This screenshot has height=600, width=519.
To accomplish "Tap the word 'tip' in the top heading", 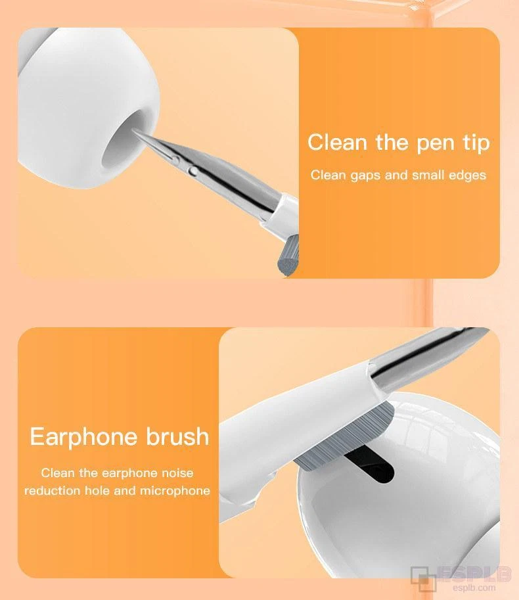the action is [x=476, y=143].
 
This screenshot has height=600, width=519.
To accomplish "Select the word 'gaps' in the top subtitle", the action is [x=365, y=176].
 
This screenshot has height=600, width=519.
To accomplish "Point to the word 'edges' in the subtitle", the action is [x=467, y=175].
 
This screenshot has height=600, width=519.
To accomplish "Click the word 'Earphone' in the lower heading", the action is [x=83, y=436].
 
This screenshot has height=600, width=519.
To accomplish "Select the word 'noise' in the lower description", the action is [x=177, y=473].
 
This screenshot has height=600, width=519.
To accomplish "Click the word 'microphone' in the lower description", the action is [x=175, y=491].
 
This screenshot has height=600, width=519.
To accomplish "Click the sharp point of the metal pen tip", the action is [x=133, y=129].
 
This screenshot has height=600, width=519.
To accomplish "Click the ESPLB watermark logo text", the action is [x=474, y=574].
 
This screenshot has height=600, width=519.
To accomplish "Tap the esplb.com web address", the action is [x=474, y=588].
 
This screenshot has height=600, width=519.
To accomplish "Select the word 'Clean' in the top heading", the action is [x=337, y=143].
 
